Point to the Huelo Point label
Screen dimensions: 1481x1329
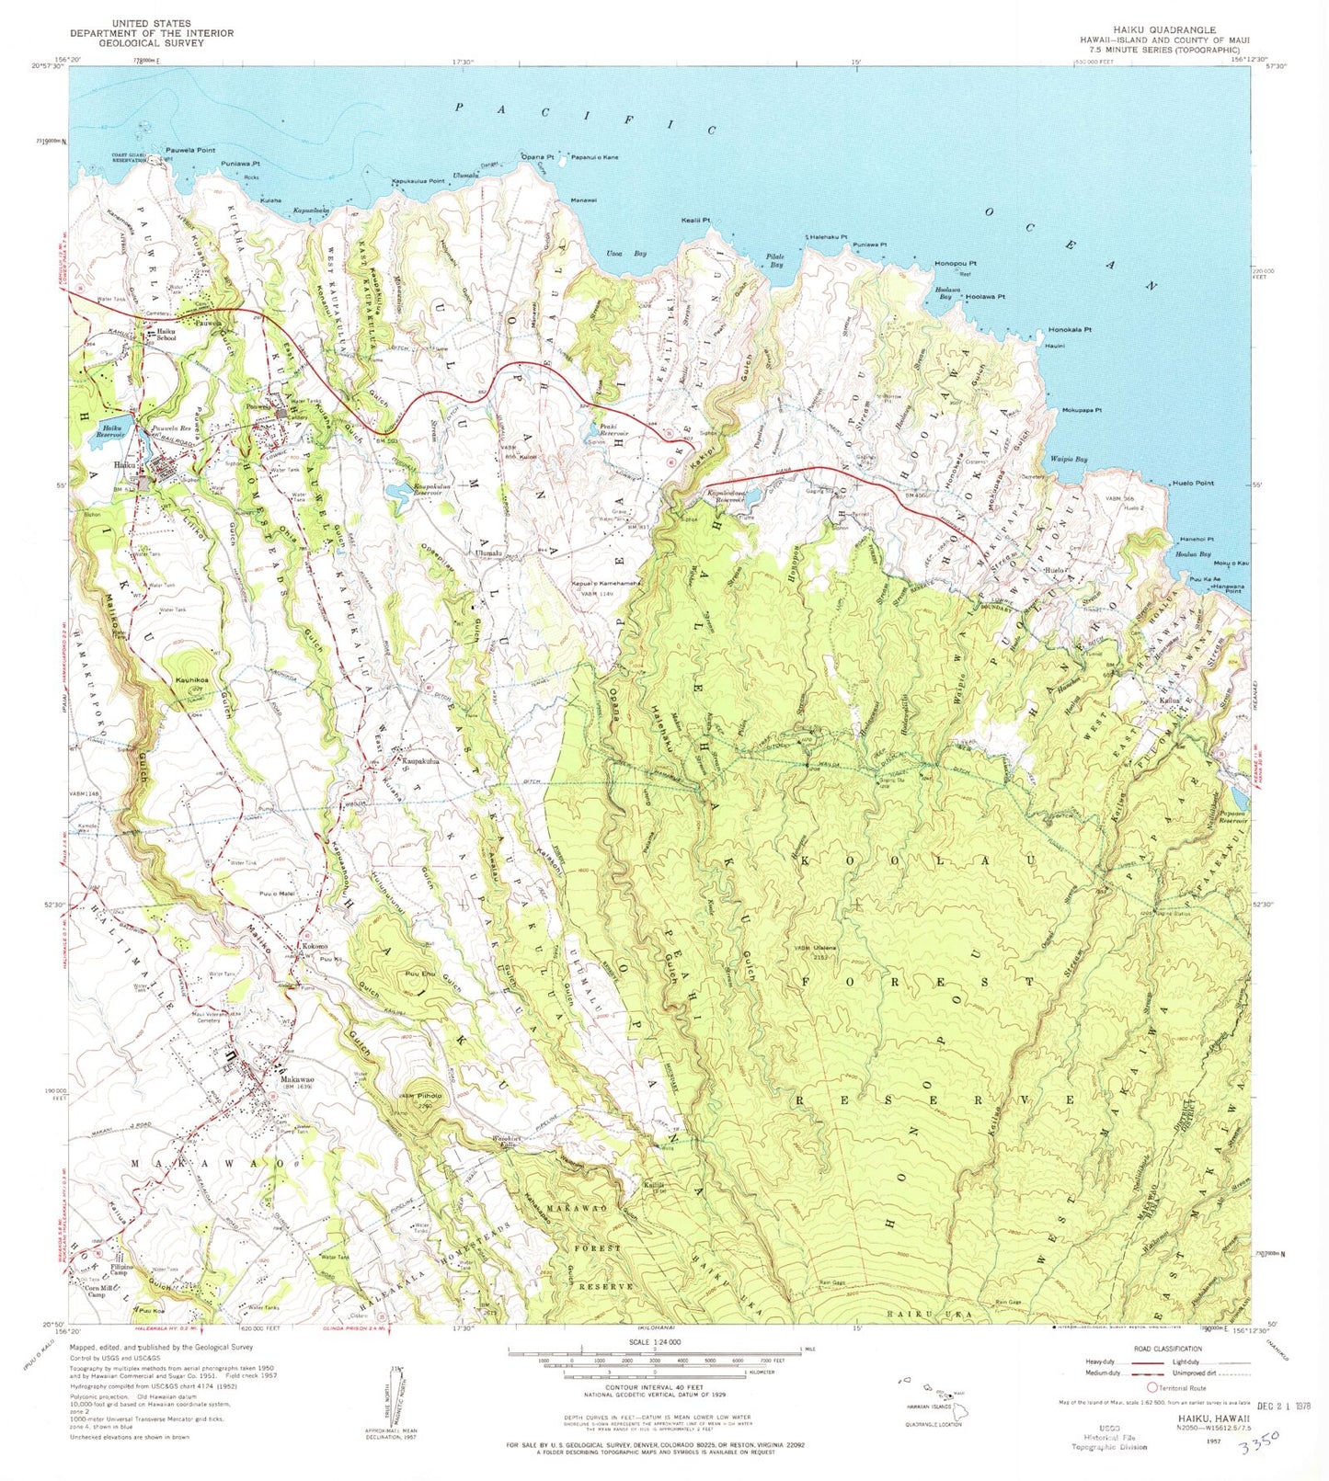click(x=1193, y=484)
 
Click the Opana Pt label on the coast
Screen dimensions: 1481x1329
click(x=538, y=157)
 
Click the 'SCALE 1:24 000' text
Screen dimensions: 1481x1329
click(x=655, y=1341)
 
